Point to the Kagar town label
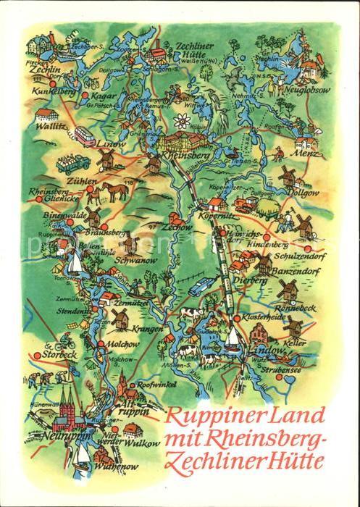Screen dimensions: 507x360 pyautogui.click(x=104, y=96)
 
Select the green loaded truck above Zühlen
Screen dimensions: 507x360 pyautogui.click(x=73, y=161)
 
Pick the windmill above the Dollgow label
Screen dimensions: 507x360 pyautogui.click(x=288, y=176)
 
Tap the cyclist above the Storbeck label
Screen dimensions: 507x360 pyautogui.click(x=60, y=343)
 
